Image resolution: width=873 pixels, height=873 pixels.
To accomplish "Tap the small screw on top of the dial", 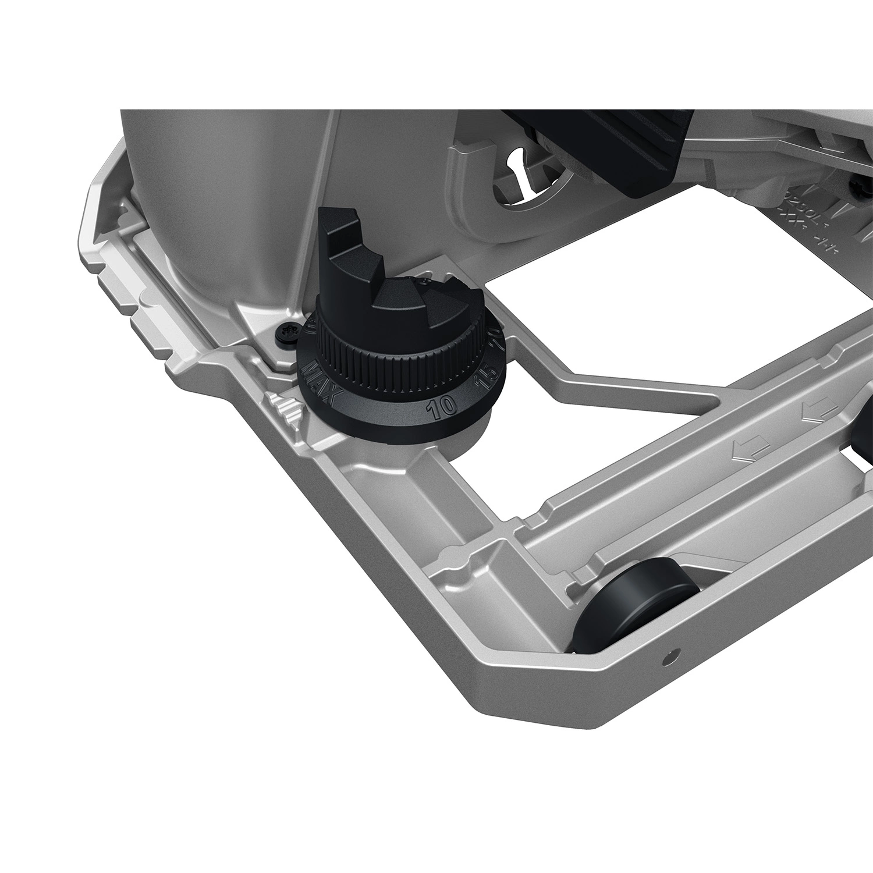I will (x=427, y=283).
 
